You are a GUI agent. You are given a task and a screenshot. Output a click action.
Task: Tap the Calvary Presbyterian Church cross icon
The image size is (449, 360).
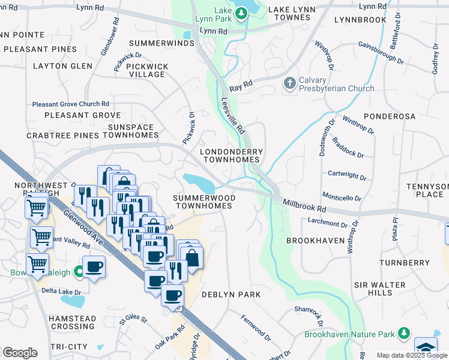coord(289,83)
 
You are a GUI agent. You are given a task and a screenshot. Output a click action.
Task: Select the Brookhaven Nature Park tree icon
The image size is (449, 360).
coord(404,333)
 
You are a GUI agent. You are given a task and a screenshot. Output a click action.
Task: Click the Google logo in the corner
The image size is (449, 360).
coord(20,353)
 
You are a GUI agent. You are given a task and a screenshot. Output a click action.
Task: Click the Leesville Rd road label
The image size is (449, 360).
coord(234,116)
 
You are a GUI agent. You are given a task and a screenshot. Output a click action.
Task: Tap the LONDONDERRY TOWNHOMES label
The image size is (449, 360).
coord(231,156)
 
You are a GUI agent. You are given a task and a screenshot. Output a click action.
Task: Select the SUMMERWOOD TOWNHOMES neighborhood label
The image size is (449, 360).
coord(202,202)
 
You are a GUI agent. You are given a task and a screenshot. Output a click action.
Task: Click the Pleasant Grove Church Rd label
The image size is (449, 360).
coord(70,104)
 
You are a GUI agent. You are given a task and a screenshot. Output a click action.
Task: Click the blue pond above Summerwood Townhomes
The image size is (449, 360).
coord(197,181)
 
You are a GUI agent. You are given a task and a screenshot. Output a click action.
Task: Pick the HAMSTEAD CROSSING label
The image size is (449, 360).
coord(71,322)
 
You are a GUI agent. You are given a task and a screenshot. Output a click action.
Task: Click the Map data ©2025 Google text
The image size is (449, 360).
coord(412,355)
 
